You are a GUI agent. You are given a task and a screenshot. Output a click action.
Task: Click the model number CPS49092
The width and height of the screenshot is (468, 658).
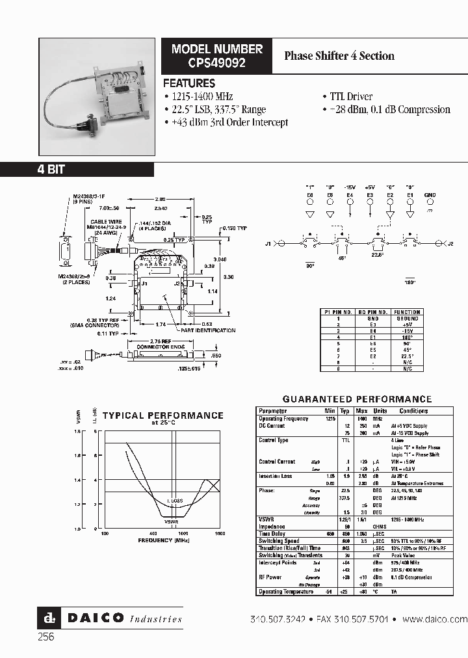[x=217, y=62]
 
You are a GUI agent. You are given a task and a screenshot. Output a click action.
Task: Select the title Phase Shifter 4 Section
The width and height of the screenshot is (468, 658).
[x=339, y=55]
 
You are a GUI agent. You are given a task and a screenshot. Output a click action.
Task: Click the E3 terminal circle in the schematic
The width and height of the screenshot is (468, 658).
[x=370, y=202]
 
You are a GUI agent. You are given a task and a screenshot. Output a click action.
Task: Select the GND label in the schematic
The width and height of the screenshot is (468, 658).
[x=430, y=194]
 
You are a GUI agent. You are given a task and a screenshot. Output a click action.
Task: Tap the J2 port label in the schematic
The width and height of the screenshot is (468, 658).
[x=450, y=244]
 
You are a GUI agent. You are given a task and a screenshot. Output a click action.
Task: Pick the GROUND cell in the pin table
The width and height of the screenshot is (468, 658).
[x=408, y=319]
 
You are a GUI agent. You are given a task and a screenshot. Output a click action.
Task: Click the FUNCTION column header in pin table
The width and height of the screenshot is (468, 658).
[x=408, y=312]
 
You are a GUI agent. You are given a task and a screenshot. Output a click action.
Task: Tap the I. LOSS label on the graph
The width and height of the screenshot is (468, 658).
[x=174, y=501]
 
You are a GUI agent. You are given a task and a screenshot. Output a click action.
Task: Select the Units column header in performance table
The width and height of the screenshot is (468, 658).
[x=380, y=411]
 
